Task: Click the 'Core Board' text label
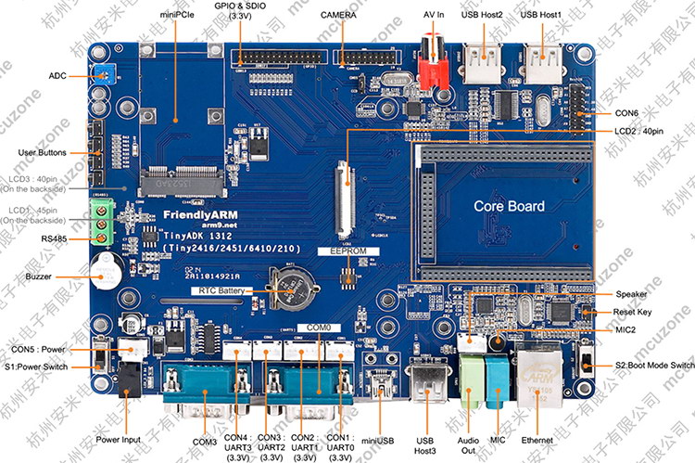[509, 205]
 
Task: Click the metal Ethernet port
[535, 377]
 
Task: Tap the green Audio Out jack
[470, 380]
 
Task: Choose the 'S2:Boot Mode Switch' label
[654, 366]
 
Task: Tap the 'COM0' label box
[317, 328]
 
